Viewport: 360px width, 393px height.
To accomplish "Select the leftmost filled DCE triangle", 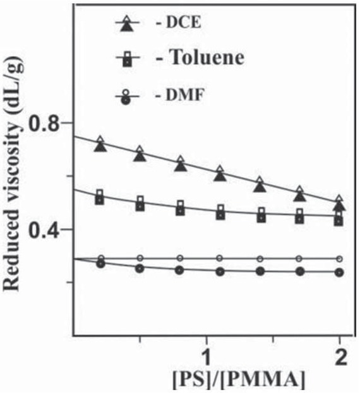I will click(x=100, y=146).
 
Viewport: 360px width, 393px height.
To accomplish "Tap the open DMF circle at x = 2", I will click(x=340, y=259).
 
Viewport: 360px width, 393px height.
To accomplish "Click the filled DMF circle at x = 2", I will click(x=340, y=273).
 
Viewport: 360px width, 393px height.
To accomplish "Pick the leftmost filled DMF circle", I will click(x=100, y=264).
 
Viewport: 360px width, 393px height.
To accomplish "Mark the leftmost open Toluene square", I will click(x=100, y=193).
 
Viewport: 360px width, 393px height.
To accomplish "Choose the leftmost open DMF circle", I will click(x=100, y=258).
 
